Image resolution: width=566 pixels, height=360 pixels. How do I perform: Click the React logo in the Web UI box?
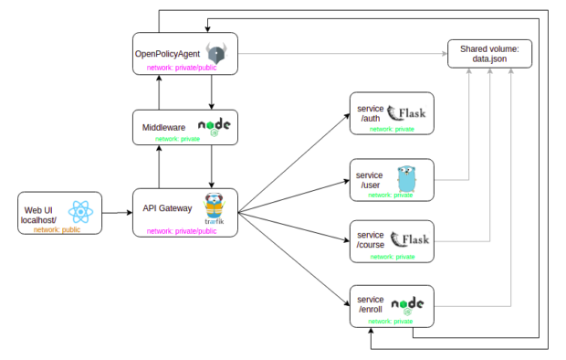point(81,212)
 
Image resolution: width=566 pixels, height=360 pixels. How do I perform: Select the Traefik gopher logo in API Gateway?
point(215,207)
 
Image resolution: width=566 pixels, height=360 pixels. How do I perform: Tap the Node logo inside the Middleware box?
point(214,125)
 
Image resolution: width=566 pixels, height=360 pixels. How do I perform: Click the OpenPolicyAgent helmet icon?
point(216,52)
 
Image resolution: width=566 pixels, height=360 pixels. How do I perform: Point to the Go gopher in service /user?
point(406,177)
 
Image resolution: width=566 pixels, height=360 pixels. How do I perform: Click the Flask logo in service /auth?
point(408,113)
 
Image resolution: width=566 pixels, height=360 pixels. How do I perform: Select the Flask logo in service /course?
point(409,240)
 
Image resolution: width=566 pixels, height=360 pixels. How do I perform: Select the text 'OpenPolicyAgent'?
point(168,52)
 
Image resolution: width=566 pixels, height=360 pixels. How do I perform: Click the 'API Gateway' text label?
point(167,208)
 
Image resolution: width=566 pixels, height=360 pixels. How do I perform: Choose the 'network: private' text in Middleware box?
point(178,139)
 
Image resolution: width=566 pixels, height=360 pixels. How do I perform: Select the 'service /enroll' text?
point(372,305)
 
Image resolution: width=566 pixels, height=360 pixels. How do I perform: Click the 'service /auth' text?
point(371,113)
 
